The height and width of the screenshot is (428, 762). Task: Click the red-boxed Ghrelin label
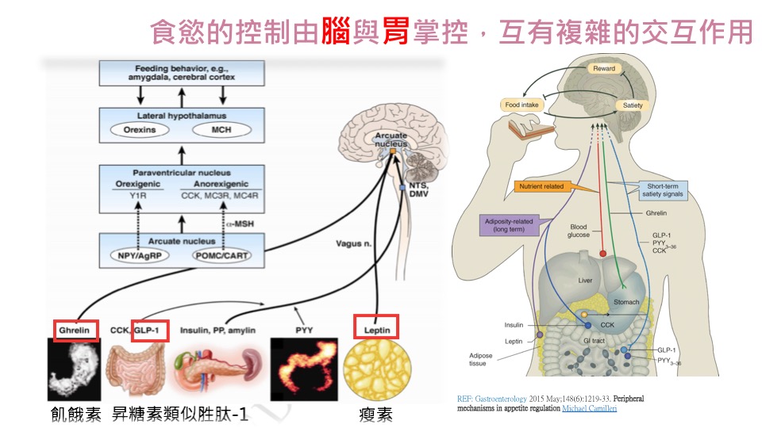[76, 331]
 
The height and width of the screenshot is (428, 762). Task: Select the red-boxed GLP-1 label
[149, 331]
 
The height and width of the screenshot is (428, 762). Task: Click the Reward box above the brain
[604, 69]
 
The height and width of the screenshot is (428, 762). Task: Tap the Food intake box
[523, 105]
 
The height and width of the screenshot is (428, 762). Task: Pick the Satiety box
[633, 105]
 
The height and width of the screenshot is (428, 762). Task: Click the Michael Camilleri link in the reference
[589, 408]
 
